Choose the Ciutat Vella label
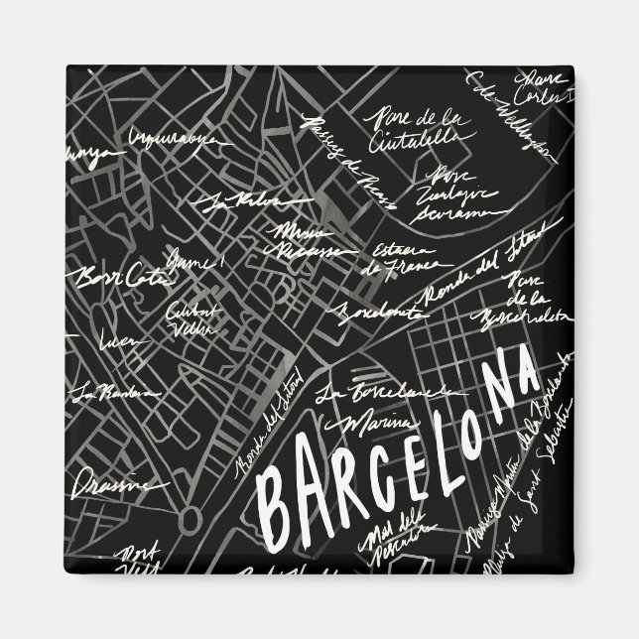click(x=191, y=315)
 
